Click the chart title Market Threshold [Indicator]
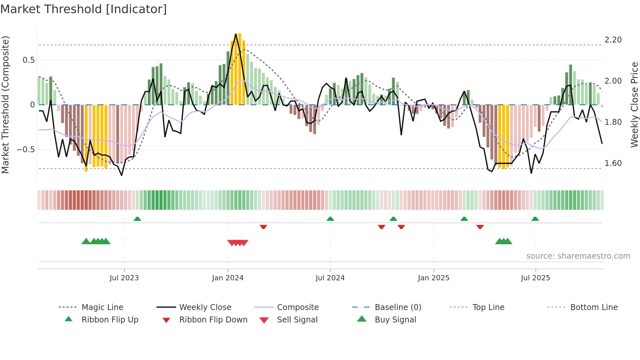84,9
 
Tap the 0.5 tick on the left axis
29,60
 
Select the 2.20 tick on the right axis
613,40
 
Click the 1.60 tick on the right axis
613,163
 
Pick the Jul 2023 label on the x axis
124,278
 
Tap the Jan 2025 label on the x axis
433,278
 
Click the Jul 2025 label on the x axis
535,278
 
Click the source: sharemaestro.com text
578,256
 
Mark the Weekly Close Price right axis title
634,105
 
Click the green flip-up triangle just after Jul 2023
137,219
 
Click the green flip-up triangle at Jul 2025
535,219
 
